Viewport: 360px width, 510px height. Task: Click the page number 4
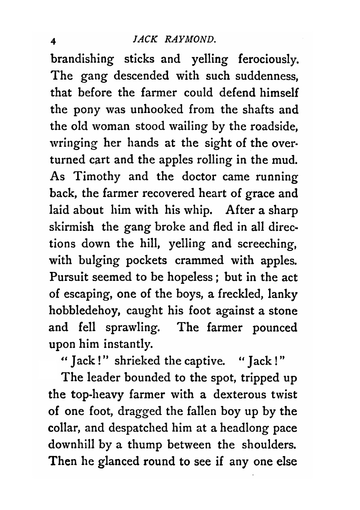pos(54,42)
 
